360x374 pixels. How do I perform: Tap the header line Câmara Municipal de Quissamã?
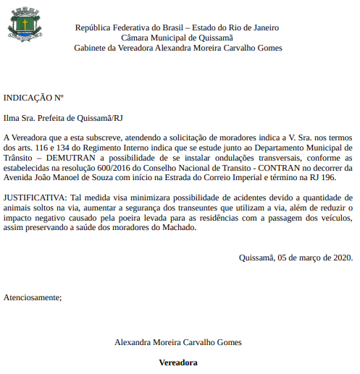177,38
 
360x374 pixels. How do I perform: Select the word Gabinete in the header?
91,48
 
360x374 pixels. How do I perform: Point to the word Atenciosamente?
33,297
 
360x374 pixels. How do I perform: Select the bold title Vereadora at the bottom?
178,362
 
